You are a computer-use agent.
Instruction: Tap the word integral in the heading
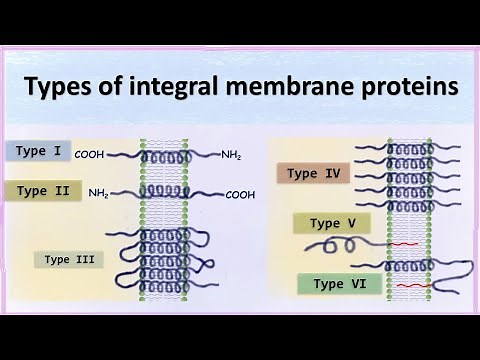pyautogui.click(x=172, y=88)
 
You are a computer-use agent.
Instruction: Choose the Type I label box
pyautogui.click(x=37, y=152)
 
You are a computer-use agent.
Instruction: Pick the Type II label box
pyautogui.click(x=43, y=190)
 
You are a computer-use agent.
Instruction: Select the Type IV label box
pyautogui.click(x=313, y=173)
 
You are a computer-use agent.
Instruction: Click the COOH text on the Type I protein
pyautogui.click(x=88, y=155)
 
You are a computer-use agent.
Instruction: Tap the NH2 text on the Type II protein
pyautogui.click(x=99, y=192)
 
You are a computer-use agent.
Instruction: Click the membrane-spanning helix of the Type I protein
pyautogui.click(x=166, y=157)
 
